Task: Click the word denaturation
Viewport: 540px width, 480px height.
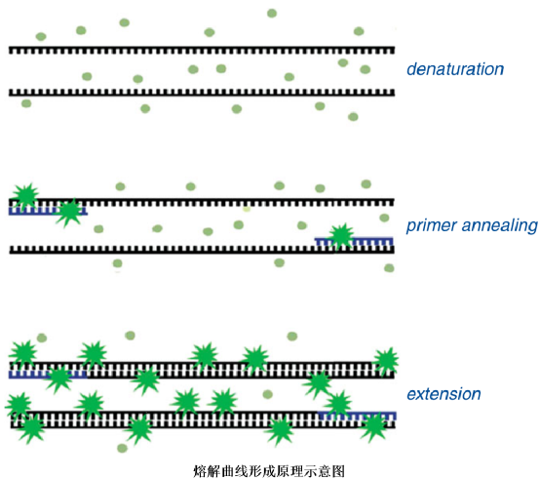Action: click(x=455, y=69)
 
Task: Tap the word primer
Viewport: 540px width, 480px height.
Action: click(x=431, y=226)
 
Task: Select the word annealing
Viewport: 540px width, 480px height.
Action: click(x=500, y=226)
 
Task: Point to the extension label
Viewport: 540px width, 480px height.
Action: click(x=444, y=394)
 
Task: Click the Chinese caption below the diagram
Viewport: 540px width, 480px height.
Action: click(x=269, y=471)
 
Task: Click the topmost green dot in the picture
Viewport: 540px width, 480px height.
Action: click(x=272, y=14)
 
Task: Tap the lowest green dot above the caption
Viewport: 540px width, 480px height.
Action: click(x=122, y=449)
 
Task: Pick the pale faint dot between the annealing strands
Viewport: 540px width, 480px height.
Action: click(x=247, y=209)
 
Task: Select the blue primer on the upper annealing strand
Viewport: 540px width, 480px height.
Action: click(x=48, y=212)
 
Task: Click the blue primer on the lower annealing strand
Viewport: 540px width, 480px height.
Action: click(x=354, y=241)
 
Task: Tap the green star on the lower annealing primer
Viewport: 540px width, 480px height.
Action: click(x=341, y=236)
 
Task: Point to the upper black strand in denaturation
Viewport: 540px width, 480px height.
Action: click(x=202, y=51)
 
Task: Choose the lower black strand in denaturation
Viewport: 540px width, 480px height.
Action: click(x=202, y=93)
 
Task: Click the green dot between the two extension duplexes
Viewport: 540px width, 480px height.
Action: click(x=268, y=394)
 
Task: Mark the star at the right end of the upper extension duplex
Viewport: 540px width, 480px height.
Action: click(x=387, y=361)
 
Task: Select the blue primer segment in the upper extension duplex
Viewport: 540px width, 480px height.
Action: click(x=48, y=375)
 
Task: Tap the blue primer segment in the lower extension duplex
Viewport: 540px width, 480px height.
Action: click(x=357, y=416)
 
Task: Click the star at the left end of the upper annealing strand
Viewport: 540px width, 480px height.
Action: click(x=25, y=196)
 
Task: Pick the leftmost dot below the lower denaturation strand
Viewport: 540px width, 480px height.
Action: click(x=26, y=103)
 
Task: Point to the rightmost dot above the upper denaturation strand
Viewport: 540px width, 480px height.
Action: click(x=359, y=31)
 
